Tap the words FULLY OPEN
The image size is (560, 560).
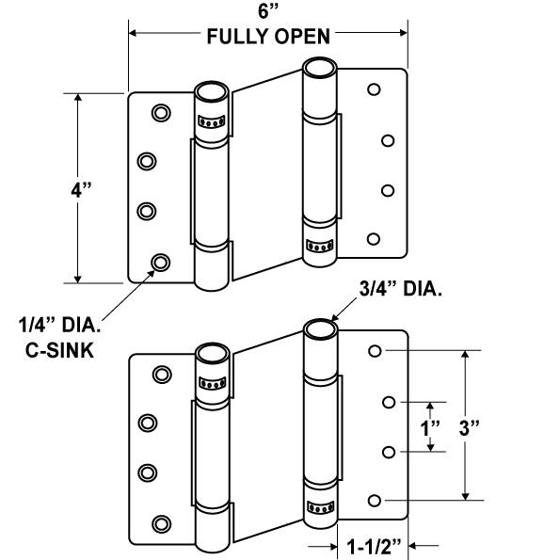coord(268,37)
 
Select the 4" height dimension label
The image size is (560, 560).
coord(82,189)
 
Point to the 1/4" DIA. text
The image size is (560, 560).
coord(59,326)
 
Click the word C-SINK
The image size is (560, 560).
coord(59,350)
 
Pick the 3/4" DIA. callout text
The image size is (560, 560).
coord(401,289)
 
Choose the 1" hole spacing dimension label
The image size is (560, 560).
coord(430,428)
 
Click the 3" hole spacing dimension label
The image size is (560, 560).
coord(470,428)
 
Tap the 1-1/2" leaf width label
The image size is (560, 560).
coord(374,547)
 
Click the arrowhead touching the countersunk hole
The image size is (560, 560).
coord(152,273)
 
